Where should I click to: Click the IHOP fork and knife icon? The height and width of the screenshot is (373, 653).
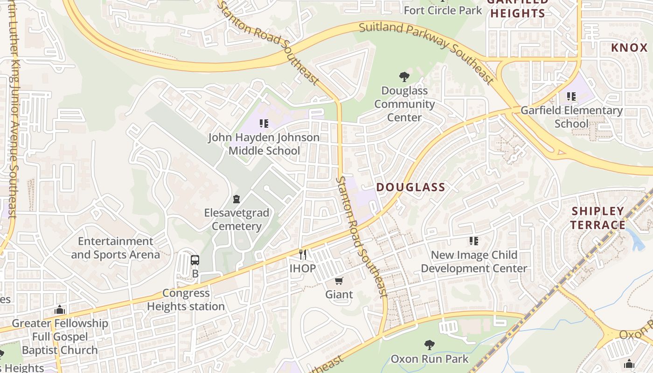(x=303, y=255)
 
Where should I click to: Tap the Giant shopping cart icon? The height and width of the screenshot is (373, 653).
(x=339, y=281)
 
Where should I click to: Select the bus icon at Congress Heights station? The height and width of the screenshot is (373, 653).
(x=195, y=260)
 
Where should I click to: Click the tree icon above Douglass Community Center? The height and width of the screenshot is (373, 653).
(x=404, y=76)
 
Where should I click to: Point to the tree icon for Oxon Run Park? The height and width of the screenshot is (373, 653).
(x=430, y=345)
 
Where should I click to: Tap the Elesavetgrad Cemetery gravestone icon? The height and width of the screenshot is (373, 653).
(x=236, y=199)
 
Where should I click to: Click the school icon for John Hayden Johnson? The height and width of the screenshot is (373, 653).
(x=264, y=124)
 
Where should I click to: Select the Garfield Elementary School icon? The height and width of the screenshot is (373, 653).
(x=571, y=97)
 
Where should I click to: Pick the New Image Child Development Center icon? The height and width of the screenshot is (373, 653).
(x=474, y=241)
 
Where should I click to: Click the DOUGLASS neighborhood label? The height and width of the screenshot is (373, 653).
(x=410, y=187)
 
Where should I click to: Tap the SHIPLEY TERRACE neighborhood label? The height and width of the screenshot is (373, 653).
(x=598, y=218)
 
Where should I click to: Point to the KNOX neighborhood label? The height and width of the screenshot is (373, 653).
(x=629, y=48)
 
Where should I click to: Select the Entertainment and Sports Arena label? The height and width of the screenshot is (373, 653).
(x=115, y=248)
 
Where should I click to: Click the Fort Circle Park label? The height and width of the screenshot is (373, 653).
(x=443, y=10)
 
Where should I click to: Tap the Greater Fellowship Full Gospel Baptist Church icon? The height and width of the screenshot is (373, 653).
(x=59, y=310)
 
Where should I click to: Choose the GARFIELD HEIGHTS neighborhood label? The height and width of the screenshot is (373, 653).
(x=517, y=8)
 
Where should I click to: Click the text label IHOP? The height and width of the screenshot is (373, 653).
(x=303, y=269)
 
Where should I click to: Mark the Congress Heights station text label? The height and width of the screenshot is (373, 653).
(x=186, y=300)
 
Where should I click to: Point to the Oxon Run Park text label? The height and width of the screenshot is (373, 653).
(x=430, y=359)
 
